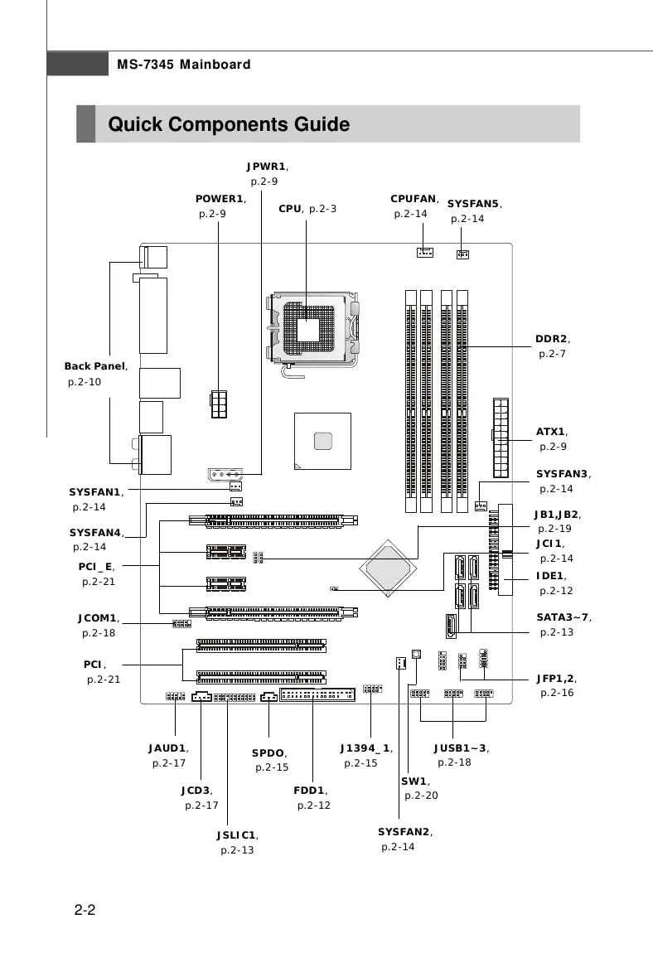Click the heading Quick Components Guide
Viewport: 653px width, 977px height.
(x=229, y=125)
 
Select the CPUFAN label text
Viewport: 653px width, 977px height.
(x=414, y=199)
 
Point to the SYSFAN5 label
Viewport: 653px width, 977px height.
(x=474, y=204)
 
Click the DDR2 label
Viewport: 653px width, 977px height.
(x=552, y=339)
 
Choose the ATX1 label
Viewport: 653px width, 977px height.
(x=551, y=432)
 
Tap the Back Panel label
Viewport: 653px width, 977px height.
(x=95, y=366)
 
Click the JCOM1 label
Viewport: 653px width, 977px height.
(x=98, y=618)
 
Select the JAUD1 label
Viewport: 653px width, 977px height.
(x=167, y=748)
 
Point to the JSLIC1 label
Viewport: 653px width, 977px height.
(x=237, y=835)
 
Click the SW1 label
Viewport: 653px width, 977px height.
(x=414, y=781)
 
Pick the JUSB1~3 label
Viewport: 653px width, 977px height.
(x=460, y=748)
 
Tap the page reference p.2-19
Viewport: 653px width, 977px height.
(x=554, y=529)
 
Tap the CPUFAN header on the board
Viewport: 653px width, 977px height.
(x=424, y=253)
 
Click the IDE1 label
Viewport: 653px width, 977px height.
(x=550, y=576)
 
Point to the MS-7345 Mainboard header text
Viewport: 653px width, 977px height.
(x=183, y=65)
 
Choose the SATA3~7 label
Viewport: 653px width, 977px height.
(x=563, y=617)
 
